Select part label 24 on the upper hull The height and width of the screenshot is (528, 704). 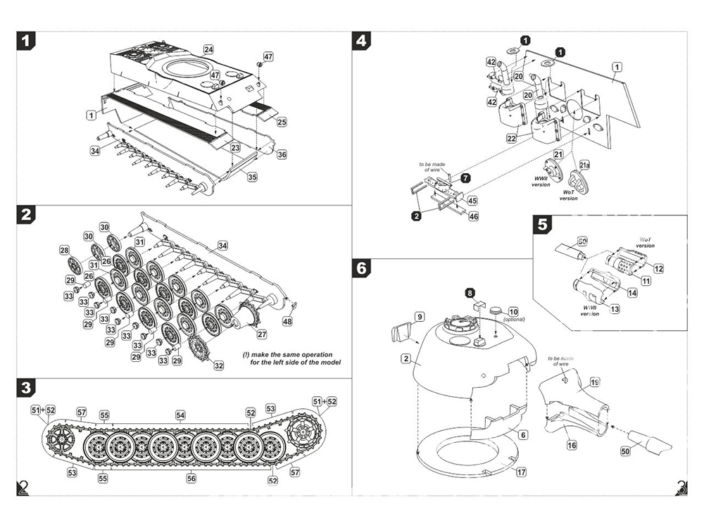coord(208,49)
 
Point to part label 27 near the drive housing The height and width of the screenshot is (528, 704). coord(262,334)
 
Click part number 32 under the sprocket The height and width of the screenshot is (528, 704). coord(219,365)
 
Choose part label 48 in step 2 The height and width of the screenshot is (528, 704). coord(287,321)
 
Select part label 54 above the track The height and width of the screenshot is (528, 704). coord(181,415)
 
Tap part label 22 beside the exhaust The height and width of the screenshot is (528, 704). coord(512,139)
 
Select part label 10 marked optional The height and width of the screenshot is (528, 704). coord(513,312)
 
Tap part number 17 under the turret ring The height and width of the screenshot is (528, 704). coord(521,472)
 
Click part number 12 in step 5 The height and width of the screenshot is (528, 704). coord(658,268)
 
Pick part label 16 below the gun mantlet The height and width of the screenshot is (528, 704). coord(572,445)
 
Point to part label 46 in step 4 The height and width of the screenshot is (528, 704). coord(473,217)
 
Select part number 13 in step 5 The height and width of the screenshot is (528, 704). coord(615,309)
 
